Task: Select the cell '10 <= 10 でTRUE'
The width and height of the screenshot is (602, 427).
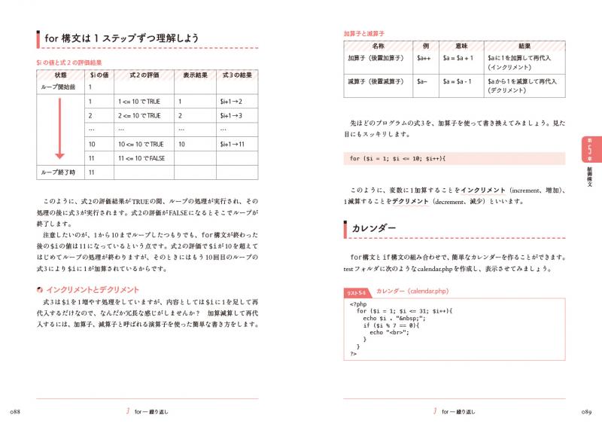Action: click(x=141, y=144)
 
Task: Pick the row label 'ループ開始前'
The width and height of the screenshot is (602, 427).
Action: click(x=59, y=87)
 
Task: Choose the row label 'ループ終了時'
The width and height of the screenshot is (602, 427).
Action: click(x=59, y=172)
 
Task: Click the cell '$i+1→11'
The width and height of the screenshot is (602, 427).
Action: click(x=231, y=144)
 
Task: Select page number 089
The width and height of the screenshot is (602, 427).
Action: click(x=585, y=411)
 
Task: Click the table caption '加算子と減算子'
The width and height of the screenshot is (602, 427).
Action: click(x=363, y=34)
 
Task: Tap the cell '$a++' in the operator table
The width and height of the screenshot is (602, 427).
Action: click(x=424, y=58)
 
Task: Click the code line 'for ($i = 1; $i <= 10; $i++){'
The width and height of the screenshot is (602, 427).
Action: click(x=399, y=158)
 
